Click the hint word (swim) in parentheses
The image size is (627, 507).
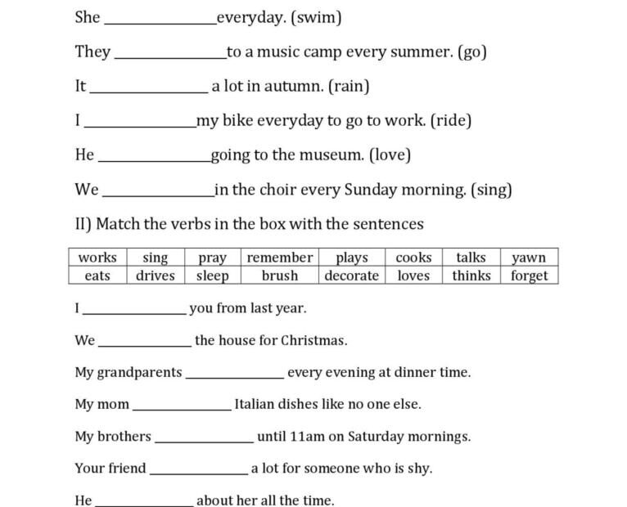point(316,17)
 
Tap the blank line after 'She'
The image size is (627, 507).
point(160,21)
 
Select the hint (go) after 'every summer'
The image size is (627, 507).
point(472,52)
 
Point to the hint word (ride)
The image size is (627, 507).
point(450,120)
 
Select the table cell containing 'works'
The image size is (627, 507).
point(97,258)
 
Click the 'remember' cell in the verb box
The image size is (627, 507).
point(280,258)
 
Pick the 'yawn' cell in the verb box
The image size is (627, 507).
point(529,258)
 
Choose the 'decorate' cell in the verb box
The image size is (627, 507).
point(351,276)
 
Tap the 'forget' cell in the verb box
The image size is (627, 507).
point(529,276)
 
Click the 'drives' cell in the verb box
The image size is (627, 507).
point(156,276)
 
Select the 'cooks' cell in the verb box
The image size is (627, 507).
point(413,258)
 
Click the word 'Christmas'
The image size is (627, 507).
point(313,340)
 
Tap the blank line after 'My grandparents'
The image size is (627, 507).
point(235,376)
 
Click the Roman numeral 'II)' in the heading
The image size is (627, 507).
point(83,224)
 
